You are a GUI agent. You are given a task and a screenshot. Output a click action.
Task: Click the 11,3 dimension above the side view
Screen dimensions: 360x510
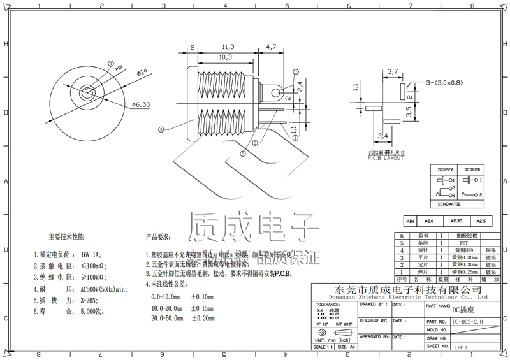(228, 47)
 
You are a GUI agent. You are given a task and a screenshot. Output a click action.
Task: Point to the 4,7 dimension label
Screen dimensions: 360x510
(270, 47)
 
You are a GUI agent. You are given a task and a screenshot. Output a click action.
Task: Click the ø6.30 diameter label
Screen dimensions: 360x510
(141, 104)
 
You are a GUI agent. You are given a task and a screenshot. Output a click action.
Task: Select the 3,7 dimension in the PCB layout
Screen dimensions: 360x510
(393, 71)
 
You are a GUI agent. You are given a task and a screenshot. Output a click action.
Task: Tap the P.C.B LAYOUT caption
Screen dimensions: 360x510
(386, 158)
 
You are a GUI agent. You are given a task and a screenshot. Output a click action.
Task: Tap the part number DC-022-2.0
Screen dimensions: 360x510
(469, 321)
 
